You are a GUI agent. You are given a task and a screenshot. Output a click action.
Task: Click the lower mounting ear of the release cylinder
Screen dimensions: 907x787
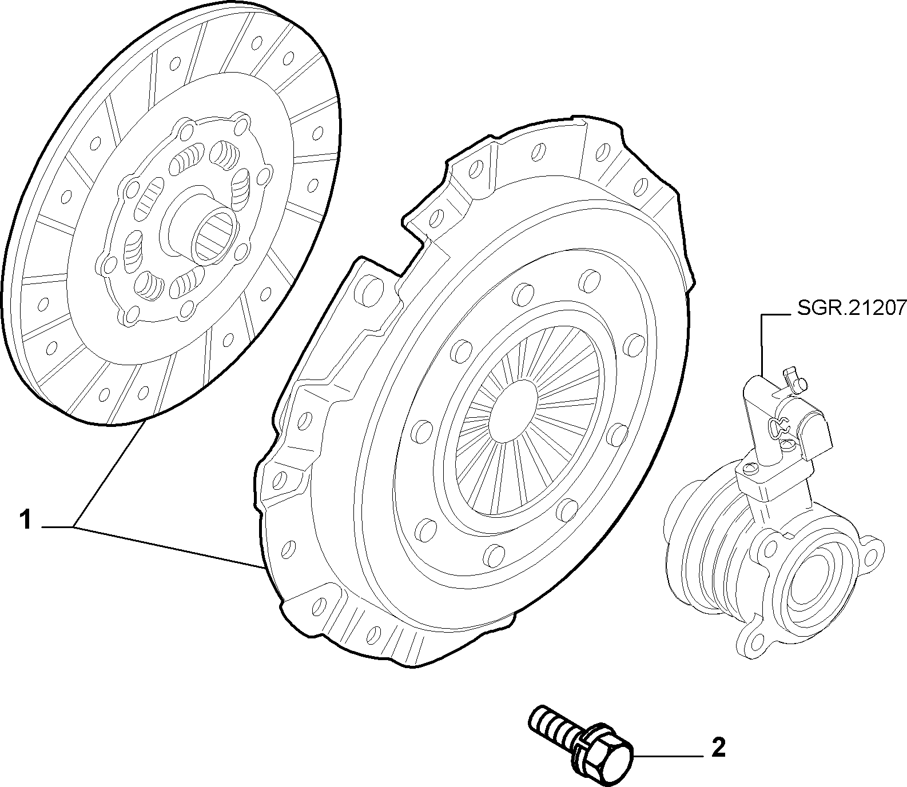(755, 641)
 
